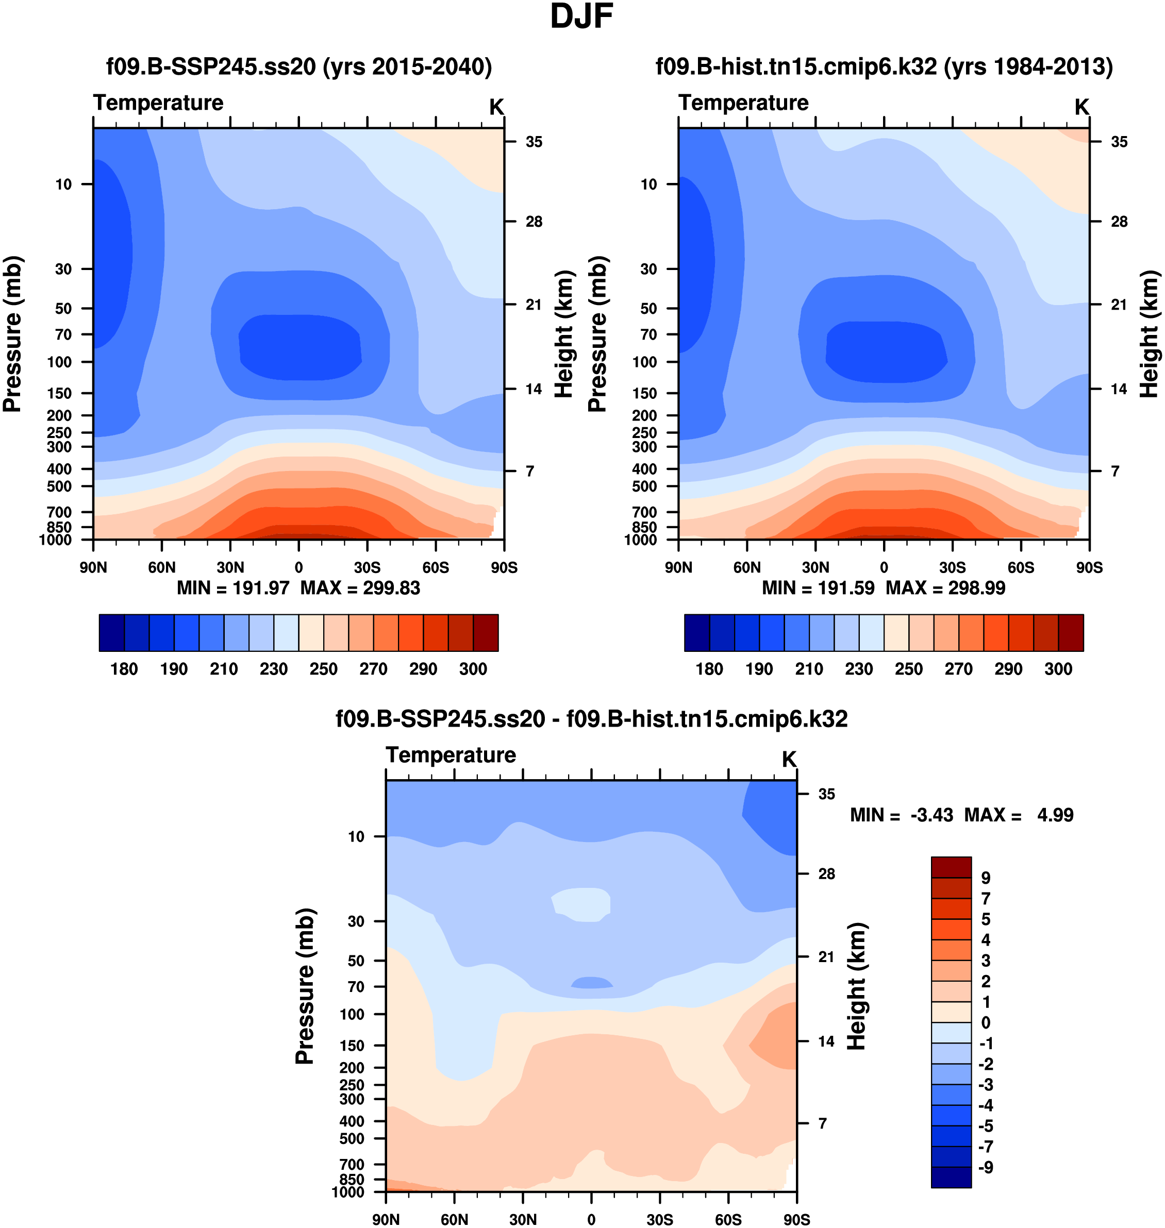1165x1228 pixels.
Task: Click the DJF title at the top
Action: click(x=581, y=18)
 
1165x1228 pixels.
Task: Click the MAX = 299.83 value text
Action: click(x=360, y=588)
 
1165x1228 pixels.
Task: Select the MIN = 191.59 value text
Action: click(x=818, y=588)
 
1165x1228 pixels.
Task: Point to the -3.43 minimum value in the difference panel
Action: click(x=931, y=815)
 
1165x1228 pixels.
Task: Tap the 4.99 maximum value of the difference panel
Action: click(x=1055, y=815)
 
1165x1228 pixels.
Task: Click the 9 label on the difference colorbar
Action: click(x=986, y=878)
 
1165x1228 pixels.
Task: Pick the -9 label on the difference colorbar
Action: click(x=986, y=1167)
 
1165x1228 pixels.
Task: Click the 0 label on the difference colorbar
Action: click(x=986, y=1022)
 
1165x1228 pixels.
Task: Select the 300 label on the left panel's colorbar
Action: click(x=473, y=669)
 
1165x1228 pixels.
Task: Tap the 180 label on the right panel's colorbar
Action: click(x=709, y=669)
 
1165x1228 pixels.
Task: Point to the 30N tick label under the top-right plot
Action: click(x=815, y=567)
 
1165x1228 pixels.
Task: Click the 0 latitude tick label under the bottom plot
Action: click(x=591, y=1219)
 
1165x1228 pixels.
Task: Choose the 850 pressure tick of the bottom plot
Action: click(x=352, y=1179)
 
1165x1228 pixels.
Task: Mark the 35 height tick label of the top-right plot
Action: click(x=1119, y=142)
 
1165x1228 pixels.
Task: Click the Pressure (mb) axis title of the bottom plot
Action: click(x=305, y=986)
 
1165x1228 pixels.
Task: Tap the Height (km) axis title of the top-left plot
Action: click(x=563, y=334)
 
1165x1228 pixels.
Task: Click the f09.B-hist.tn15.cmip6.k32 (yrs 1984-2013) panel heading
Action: click(x=884, y=66)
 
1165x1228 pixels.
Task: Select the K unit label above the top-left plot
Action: click(x=496, y=107)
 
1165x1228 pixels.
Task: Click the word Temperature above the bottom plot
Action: click(x=451, y=755)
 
